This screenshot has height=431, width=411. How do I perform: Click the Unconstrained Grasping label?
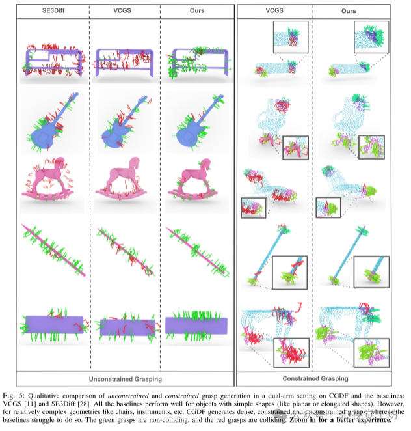[125, 378]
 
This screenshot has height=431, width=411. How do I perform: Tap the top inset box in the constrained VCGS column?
[289, 36]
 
